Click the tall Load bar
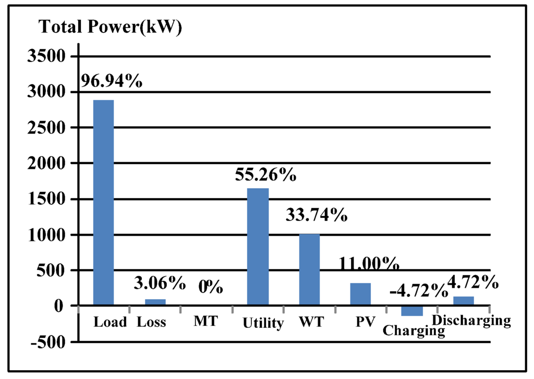click(x=103, y=202)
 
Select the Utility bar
click(x=258, y=247)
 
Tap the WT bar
click(x=309, y=270)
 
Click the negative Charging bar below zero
click(x=412, y=311)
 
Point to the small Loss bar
click(x=155, y=302)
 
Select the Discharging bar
click(x=464, y=301)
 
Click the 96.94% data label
click(x=112, y=81)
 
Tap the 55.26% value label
click(x=265, y=175)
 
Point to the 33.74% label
click(x=317, y=214)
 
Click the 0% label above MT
click(x=211, y=286)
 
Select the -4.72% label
click(x=418, y=291)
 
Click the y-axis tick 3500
click(x=45, y=56)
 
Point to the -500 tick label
click(x=45, y=342)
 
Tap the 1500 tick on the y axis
click(x=45, y=199)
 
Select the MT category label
click(x=205, y=322)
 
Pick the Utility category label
click(x=263, y=323)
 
